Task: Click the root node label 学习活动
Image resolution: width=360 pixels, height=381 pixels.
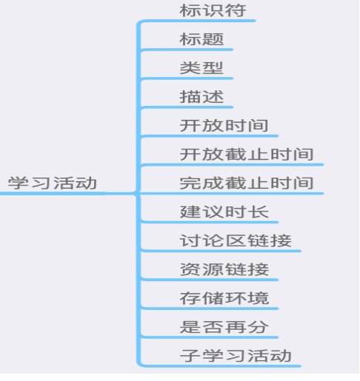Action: pyautogui.click(x=53, y=183)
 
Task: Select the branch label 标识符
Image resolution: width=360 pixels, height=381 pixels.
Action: pyautogui.click(x=213, y=10)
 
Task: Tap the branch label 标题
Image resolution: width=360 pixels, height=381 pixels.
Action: pyautogui.click(x=201, y=39)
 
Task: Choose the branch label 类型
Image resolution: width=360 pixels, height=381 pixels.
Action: pyautogui.click(x=201, y=68)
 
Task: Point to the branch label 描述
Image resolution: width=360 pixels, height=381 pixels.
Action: pyautogui.click(x=201, y=97)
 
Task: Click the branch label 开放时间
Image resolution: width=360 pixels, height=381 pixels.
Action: pyautogui.click(x=224, y=126)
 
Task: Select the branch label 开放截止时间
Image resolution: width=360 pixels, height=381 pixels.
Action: pyautogui.click(x=247, y=155)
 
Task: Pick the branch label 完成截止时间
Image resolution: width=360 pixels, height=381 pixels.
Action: pyautogui.click(x=247, y=183)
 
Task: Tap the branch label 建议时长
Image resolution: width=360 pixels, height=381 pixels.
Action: pyautogui.click(x=224, y=212)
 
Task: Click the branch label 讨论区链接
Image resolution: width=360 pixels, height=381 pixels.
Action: pyautogui.click(x=236, y=240)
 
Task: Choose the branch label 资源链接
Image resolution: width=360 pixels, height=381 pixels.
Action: pyautogui.click(x=224, y=269)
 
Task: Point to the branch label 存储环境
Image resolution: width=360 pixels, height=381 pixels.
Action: pyautogui.click(x=224, y=298)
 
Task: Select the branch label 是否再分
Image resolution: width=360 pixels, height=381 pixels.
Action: pyautogui.click(x=224, y=327)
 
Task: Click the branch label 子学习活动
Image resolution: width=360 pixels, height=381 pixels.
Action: pyautogui.click(x=236, y=356)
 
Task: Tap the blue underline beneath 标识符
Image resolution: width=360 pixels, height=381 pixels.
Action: pyautogui.click(x=199, y=21)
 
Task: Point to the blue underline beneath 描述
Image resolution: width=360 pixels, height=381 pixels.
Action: pyautogui.click(x=187, y=107)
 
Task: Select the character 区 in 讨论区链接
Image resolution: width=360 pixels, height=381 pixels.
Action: pyautogui.click(x=236, y=240)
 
